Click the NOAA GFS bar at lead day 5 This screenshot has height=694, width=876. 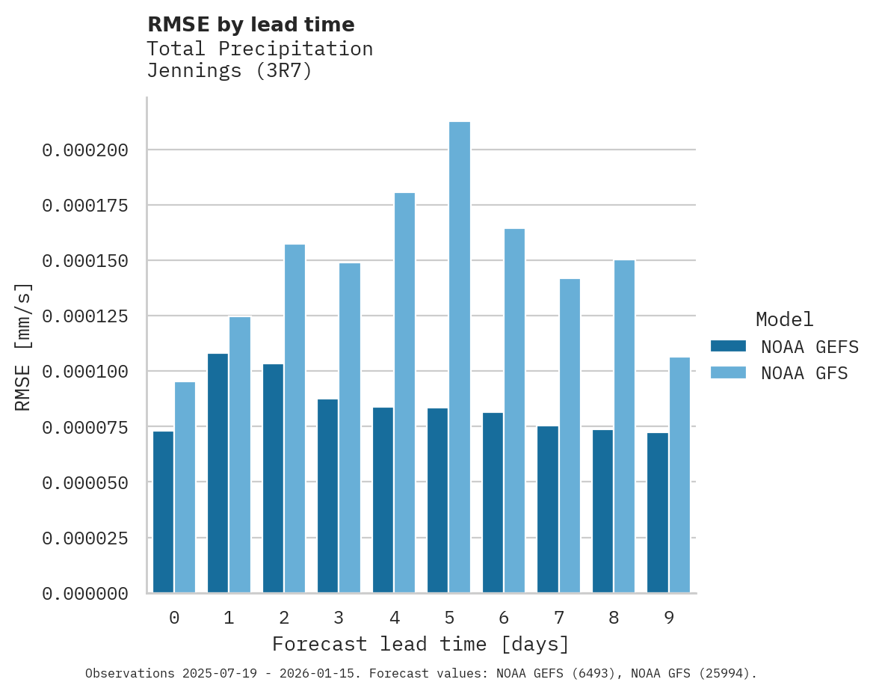click(460, 357)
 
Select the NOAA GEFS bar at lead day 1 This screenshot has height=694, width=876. click(218, 473)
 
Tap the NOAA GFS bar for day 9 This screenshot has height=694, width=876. click(679, 475)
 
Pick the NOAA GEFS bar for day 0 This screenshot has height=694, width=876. click(163, 512)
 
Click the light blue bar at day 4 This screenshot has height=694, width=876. click(404, 393)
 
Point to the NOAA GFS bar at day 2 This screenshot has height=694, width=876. click(294, 418)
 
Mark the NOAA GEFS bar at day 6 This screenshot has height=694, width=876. click(493, 503)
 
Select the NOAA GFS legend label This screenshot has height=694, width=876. click(804, 372)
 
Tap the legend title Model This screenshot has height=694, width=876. click(784, 319)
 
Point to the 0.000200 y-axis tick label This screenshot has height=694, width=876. click(85, 150)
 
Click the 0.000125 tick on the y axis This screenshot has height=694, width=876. click(85, 316)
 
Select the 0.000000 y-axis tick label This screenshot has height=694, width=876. click(85, 594)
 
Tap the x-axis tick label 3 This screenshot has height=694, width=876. click(339, 618)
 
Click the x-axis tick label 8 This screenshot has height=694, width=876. click(614, 618)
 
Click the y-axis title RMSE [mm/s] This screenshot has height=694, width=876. click(23, 346)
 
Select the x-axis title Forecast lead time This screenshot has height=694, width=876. click(421, 644)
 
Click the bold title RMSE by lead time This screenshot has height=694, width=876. click(250, 25)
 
